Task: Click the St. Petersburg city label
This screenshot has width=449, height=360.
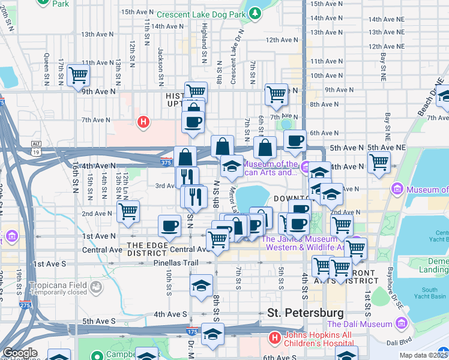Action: pyautogui.click(x=306, y=313)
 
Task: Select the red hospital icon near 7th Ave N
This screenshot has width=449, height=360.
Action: pyautogui.click(x=143, y=123)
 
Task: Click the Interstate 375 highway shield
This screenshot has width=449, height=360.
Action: pyautogui.click(x=167, y=161)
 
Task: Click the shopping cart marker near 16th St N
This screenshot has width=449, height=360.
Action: pyautogui.click(x=78, y=76)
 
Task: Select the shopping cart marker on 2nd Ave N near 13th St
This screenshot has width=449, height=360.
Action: pyautogui.click(x=128, y=211)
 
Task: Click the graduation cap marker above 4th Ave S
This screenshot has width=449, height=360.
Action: pyautogui.click(x=201, y=286)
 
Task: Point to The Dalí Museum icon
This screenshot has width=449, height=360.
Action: pyautogui.click(x=400, y=324)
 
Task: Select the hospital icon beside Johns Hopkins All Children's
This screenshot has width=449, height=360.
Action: pyautogui.click(x=275, y=338)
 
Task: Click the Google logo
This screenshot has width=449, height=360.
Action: pyautogui.click(x=20, y=353)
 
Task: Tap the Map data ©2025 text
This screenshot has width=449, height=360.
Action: pyautogui.click(x=423, y=355)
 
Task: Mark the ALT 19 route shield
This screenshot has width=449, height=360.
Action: pyautogui.click(x=36, y=148)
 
